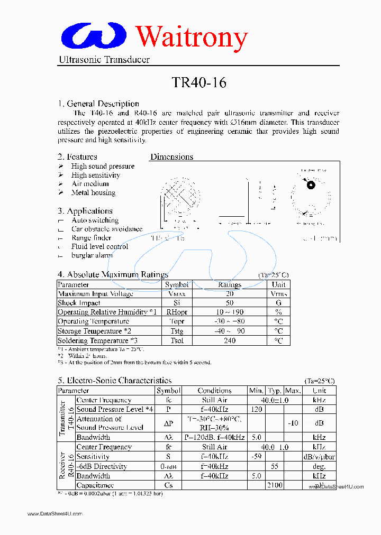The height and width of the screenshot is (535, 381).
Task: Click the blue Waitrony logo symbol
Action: point(94,35)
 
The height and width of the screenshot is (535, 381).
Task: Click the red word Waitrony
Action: point(192,36)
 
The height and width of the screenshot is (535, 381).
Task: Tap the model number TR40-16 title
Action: point(199,82)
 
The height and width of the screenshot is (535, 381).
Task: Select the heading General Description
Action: point(98,104)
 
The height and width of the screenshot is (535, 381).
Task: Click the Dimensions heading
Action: point(171,156)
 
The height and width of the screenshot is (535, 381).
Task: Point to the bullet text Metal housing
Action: point(93,193)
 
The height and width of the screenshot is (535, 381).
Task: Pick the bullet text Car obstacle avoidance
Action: point(107,229)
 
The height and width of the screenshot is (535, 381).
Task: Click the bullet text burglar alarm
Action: point(92,255)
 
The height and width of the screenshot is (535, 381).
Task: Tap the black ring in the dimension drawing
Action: point(311,185)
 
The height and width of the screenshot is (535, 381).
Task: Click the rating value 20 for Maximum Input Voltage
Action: point(230,294)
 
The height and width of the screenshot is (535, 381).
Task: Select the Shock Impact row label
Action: point(79,303)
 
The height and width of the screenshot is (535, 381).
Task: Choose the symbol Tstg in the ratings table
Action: point(177,331)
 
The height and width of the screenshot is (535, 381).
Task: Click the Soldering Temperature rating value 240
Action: point(230,340)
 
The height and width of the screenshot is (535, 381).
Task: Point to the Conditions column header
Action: point(214,391)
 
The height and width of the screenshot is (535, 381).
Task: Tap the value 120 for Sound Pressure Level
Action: point(256,409)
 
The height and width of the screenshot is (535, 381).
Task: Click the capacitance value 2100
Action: point(275,485)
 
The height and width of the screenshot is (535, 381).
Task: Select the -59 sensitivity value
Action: point(256,456)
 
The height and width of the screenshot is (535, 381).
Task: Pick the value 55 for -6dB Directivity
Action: point(275,466)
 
